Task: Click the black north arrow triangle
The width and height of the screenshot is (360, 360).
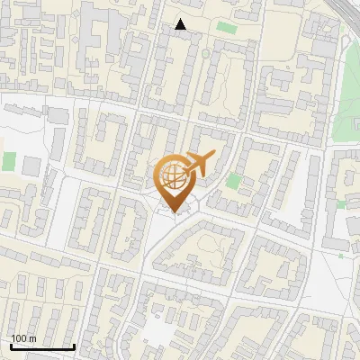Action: pos(181,24)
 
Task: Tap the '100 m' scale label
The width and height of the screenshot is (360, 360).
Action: pos(23,337)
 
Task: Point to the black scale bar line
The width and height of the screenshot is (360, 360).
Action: pos(41,346)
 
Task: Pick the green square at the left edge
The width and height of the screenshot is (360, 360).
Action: pos(9,161)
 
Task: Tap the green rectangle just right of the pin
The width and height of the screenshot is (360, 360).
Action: pos(233,181)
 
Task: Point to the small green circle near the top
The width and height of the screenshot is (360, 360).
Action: pos(205,54)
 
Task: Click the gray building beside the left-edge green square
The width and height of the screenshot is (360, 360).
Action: pos(31,166)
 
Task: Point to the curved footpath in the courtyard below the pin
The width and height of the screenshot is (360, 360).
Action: pos(193,261)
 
